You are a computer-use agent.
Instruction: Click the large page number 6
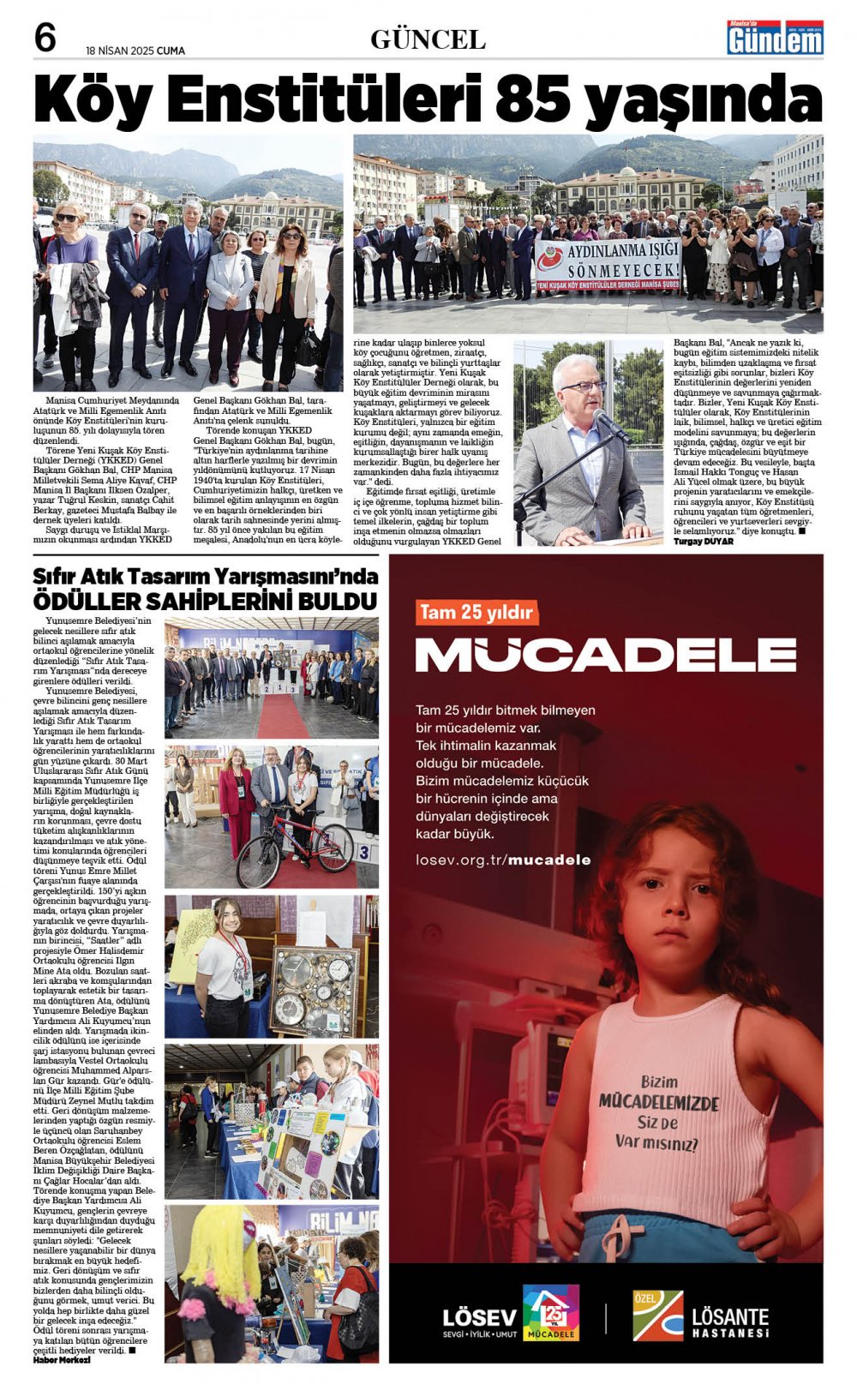(45, 38)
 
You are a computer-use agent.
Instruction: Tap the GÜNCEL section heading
(428, 39)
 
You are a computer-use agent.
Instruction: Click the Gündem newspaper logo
(775, 39)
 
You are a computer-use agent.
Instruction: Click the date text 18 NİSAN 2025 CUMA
(135, 51)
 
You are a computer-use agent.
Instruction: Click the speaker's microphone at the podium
(610, 423)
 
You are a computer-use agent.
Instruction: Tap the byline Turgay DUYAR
(704, 542)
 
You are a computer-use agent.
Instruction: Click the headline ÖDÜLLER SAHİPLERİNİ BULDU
(205, 600)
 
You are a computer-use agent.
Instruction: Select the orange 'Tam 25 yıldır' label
(476, 612)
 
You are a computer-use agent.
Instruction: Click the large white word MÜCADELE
(605, 656)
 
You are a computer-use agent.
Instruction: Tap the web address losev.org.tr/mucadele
(503, 860)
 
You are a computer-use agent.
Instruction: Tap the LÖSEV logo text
(479, 1317)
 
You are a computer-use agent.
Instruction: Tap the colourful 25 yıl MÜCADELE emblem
(550, 1312)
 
